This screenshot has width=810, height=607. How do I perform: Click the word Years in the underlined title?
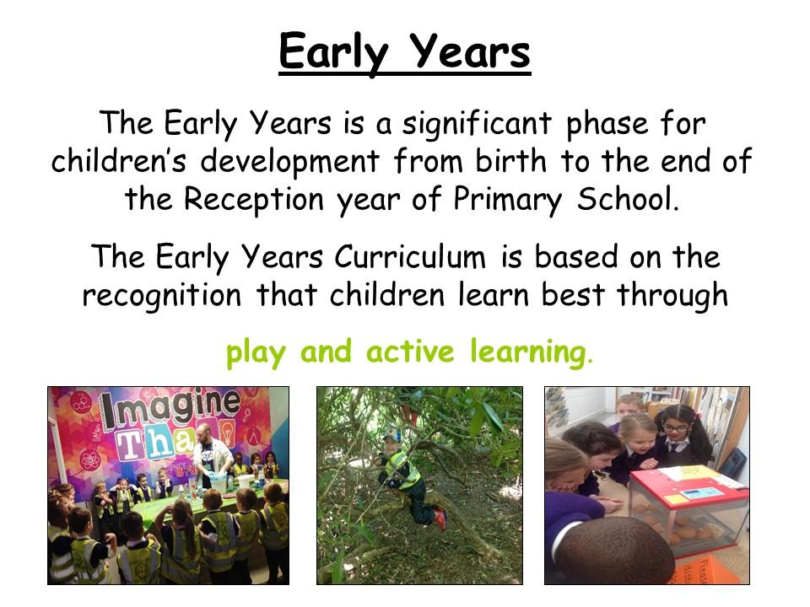pos(470,51)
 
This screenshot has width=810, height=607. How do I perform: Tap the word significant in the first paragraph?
pos(477,125)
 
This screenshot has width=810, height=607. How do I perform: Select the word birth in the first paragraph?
pos(510,160)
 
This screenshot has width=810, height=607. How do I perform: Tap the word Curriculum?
pos(410,256)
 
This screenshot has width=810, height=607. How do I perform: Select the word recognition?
pos(162,296)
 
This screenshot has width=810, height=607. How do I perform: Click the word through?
pos(672,296)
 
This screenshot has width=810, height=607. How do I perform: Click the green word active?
pos(410,351)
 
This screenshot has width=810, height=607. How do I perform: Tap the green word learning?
pos(528,353)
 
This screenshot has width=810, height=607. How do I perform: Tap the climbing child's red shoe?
pos(440,518)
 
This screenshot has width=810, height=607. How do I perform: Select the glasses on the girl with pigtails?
pos(676,428)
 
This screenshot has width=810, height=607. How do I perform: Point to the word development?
pos(289,162)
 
